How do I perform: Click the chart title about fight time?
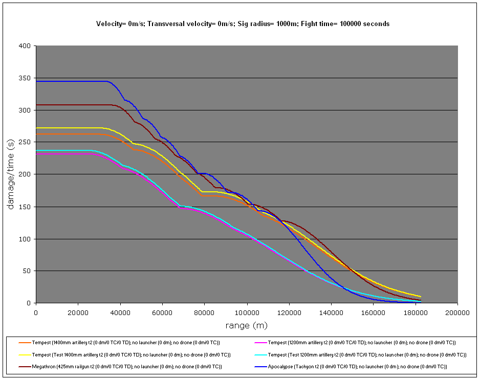(243, 24)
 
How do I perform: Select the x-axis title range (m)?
(246, 325)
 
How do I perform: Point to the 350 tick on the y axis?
(26, 78)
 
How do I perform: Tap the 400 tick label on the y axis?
(26, 46)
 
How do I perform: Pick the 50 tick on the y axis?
(28, 271)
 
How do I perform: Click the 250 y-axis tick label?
(26, 142)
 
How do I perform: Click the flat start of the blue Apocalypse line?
(67, 81)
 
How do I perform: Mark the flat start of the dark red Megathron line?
(67, 105)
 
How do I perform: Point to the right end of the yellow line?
(421, 297)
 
